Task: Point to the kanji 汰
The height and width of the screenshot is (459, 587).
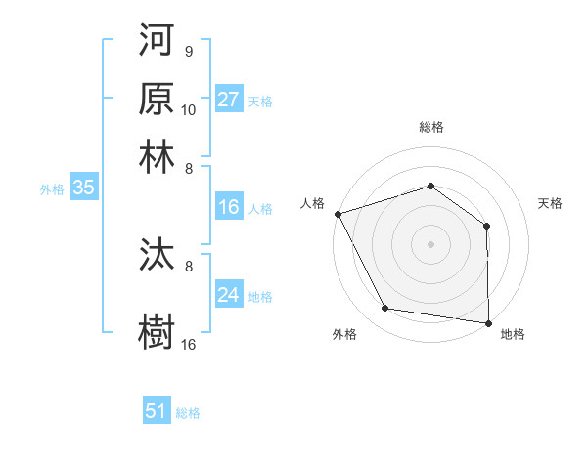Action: (x=157, y=256)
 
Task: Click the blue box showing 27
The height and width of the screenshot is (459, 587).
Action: (x=229, y=99)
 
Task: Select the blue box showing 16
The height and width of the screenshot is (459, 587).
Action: (x=229, y=207)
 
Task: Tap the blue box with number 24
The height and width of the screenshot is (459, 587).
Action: (x=229, y=295)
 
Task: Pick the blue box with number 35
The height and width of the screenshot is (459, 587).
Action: (x=83, y=188)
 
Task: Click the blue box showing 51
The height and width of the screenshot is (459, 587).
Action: (x=157, y=411)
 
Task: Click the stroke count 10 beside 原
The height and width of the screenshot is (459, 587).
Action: (x=189, y=109)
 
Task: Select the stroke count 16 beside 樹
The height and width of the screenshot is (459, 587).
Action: (x=189, y=344)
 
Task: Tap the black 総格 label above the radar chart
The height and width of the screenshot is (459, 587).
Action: (x=431, y=127)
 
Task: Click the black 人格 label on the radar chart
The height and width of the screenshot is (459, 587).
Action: (x=313, y=203)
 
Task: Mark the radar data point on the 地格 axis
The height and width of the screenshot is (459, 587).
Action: (x=488, y=321)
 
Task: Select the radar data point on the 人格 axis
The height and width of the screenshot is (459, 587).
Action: (x=338, y=214)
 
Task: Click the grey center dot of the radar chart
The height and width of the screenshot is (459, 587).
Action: (x=431, y=243)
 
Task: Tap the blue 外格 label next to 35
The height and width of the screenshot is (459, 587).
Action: (x=52, y=189)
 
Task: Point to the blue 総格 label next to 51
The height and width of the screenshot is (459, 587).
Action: (x=188, y=413)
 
